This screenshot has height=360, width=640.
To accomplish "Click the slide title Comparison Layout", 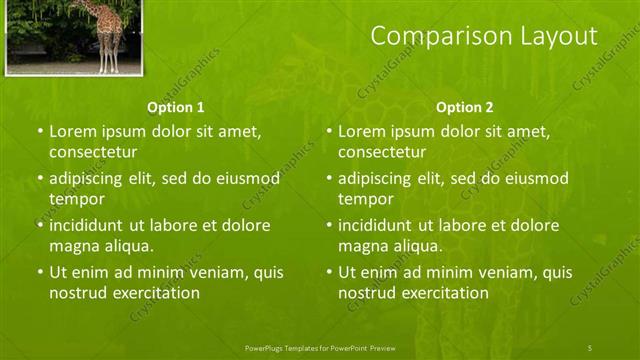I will (484, 36).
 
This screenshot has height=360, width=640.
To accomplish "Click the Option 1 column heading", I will (176, 107).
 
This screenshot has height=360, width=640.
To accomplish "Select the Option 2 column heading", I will (465, 107).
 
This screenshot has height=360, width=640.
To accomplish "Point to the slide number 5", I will (590, 347).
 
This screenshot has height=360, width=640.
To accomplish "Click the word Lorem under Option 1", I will (72, 131).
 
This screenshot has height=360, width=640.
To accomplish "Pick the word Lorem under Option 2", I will (361, 131).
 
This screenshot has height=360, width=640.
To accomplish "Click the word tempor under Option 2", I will (366, 199).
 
